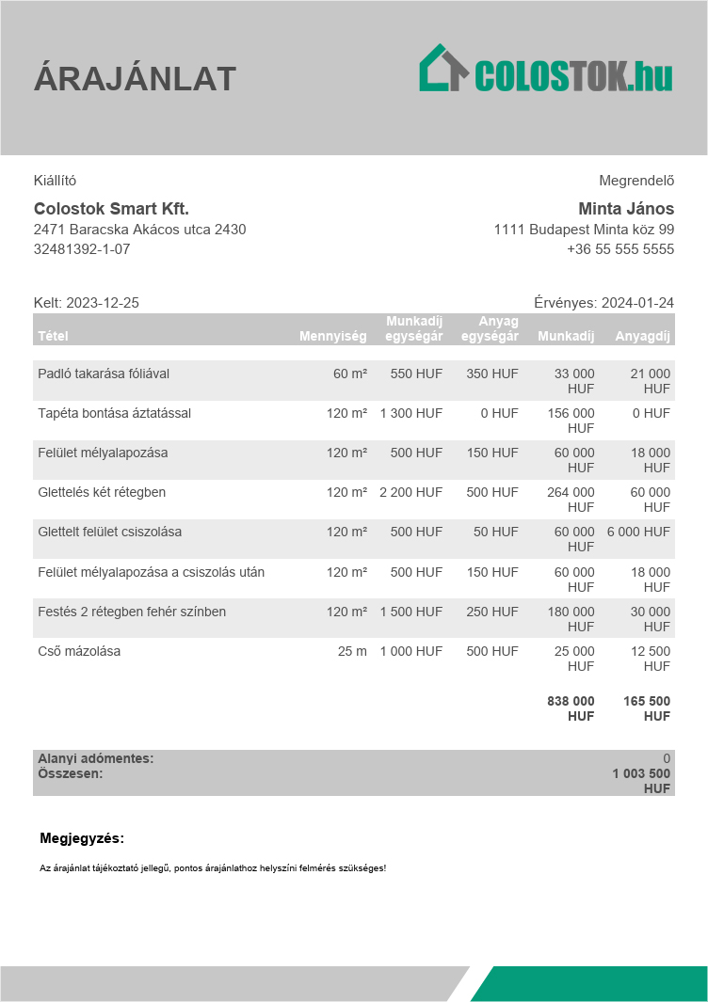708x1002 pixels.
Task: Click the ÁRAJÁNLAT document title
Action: pos(135,79)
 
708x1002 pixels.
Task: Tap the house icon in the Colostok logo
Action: pos(442,69)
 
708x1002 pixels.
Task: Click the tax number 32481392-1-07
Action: pos(82,249)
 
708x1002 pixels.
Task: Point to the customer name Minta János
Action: pos(626,209)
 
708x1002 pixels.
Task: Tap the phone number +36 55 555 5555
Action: pos(620,249)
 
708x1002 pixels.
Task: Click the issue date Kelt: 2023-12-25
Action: pos(87,303)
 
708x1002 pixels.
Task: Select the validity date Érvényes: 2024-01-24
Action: pos(603,303)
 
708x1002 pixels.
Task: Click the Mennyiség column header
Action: pos(333,336)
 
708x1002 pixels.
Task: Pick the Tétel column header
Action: pos(53,336)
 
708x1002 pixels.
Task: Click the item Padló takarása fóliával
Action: pos(104,374)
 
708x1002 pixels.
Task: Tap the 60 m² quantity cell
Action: pos(350,374)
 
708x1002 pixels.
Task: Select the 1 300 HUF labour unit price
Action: pos(411,413)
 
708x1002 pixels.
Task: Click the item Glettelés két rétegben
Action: pos(102,492)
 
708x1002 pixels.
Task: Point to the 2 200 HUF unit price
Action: pos(411,492)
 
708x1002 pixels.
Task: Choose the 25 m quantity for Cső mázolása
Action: pos(352,651)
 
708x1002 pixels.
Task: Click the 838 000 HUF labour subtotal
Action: pos(571,708)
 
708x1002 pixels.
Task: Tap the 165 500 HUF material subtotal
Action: pos(647,708)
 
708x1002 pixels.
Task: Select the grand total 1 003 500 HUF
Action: pos(641,781)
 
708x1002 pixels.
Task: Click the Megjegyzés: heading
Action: pos(82,838)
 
